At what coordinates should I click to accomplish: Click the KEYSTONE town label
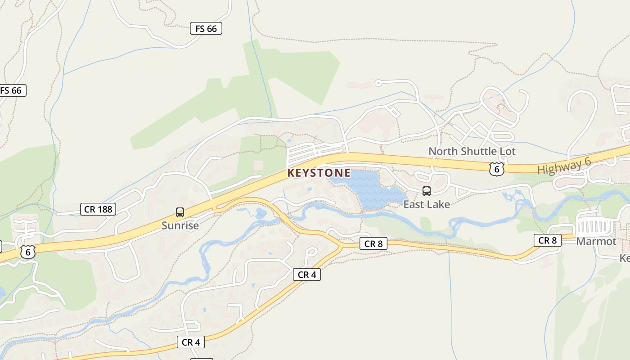click(319, 173)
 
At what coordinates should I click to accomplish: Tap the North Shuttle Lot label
click(472, 151)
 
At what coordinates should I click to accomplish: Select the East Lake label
click(426, 204)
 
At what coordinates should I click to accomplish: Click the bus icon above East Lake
click(426, 191)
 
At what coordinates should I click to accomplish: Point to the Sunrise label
click(180, 225)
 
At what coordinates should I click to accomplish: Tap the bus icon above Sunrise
click(180, 212)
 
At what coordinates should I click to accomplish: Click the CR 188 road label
click(98, 209)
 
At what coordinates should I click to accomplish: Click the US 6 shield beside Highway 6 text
click(496, 169)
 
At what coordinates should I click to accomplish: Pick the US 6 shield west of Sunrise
click(27, 252)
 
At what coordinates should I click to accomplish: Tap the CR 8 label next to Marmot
click(548, 240)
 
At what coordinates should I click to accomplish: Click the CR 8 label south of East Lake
click(373, 244)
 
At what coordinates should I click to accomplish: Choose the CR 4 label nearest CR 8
click(307, 274)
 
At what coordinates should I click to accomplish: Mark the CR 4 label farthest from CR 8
click(191, 342)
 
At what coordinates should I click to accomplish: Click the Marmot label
click(596, 241)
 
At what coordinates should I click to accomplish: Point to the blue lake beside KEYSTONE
click(369, 189)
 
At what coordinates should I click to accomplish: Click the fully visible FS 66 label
click(206, 29)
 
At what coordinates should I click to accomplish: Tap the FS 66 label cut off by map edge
click(12, 90)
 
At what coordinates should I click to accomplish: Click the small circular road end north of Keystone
click(378, 83)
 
